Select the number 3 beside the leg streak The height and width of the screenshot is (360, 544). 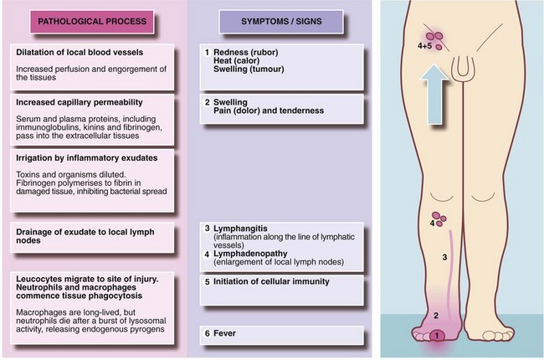click(x=444, y=256)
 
